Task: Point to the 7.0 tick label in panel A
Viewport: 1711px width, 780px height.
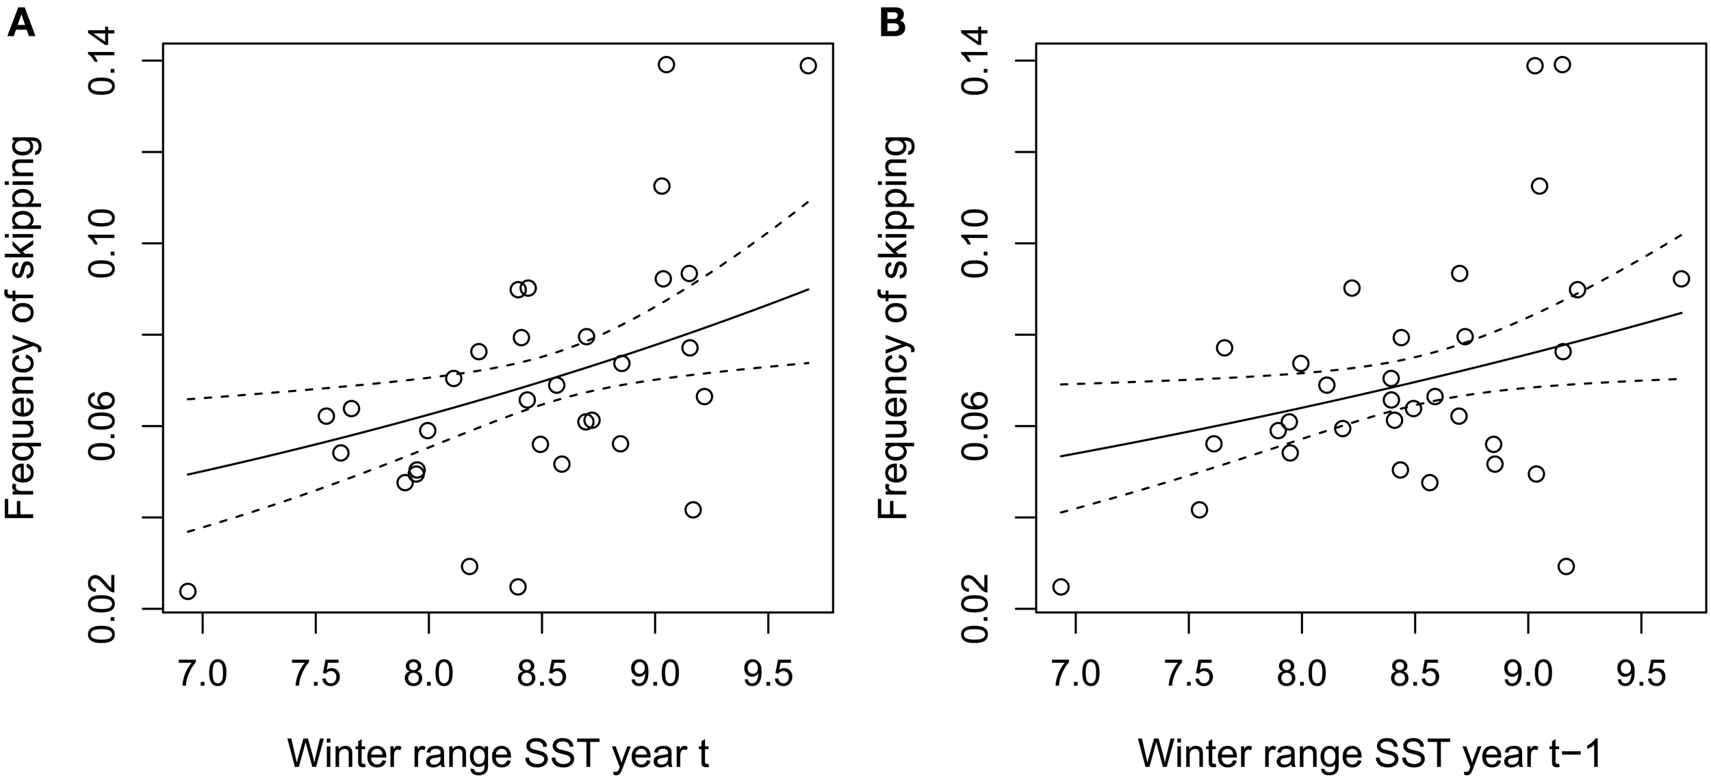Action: (x=203, y=675)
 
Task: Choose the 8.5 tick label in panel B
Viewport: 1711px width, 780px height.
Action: (x=1415, y=675)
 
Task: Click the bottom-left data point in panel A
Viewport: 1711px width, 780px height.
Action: (x=188, y=591)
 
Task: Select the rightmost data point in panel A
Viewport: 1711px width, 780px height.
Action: (x=808, y=66)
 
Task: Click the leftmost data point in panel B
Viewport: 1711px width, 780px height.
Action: (x=1061, y=586)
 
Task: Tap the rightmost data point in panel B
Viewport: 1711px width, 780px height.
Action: (x=1682, y=278)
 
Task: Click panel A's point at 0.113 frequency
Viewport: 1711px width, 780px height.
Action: (x=662, y=186)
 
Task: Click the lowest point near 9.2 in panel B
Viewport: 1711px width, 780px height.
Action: (x=1566, y=566)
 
